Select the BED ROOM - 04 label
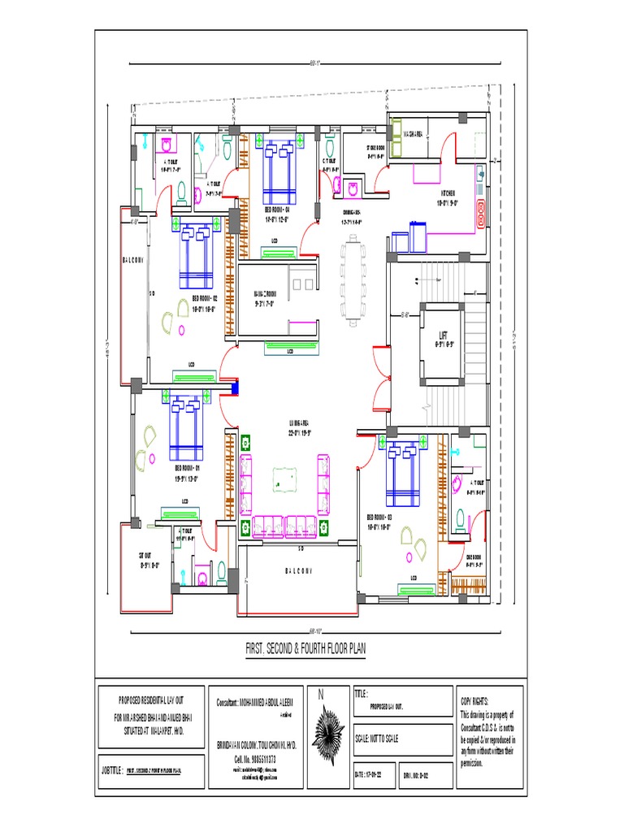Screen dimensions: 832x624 click(x=277, y=209)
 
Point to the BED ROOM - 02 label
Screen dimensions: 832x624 click(x=205, y=298)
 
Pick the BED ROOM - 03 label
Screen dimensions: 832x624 click(x=379, y=517)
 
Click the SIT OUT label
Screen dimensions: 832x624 click(x=147, y=556)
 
